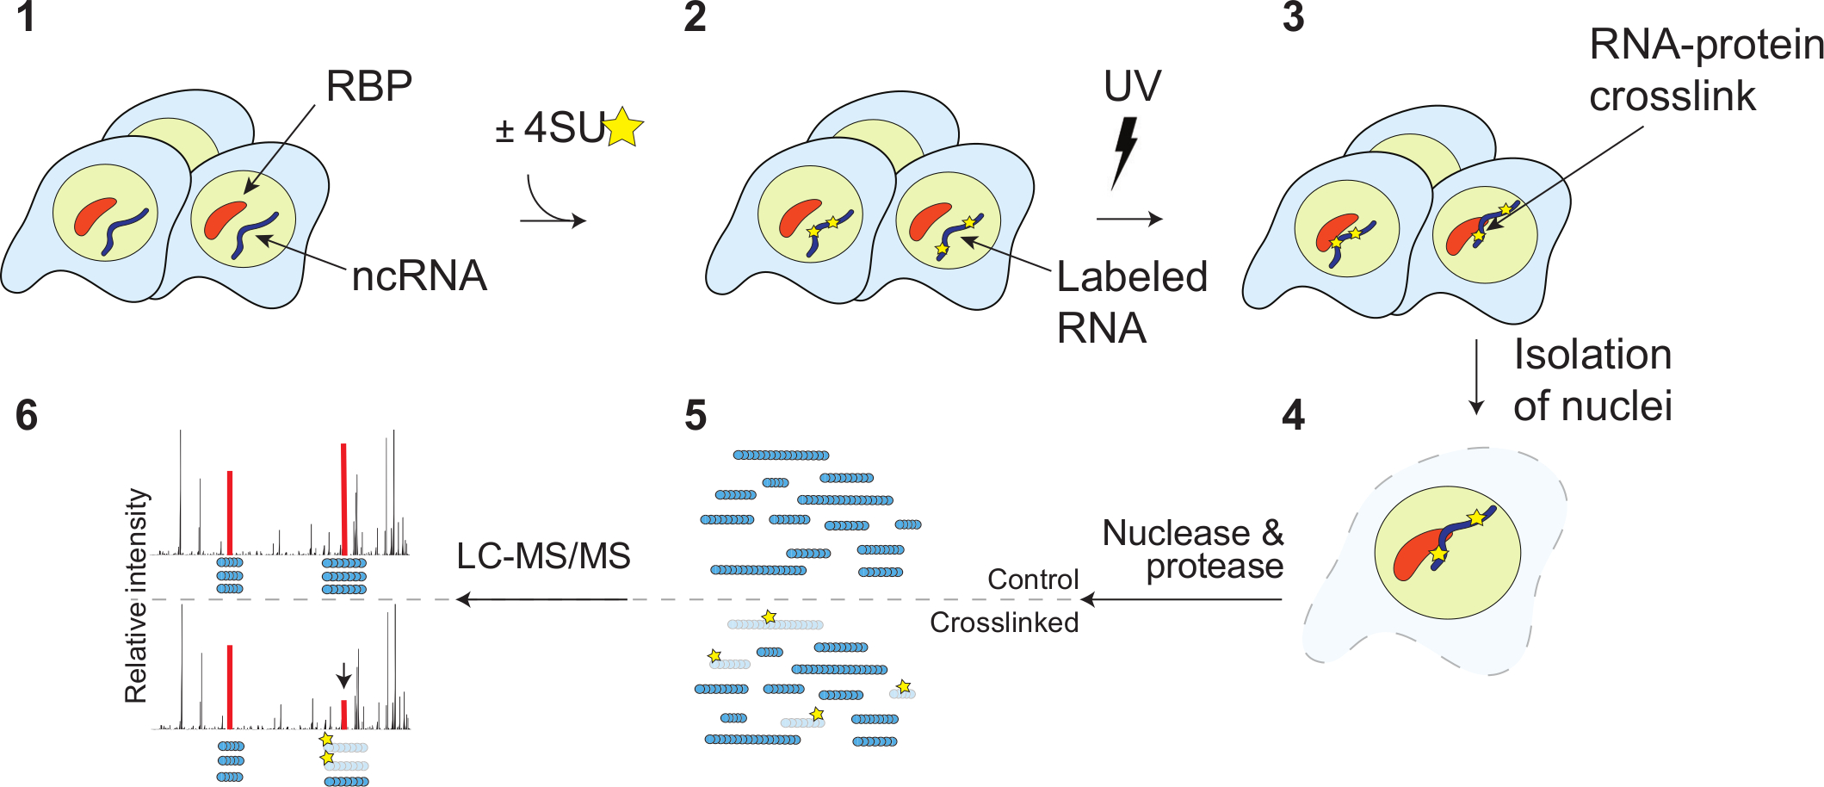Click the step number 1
click(x=26, y=17)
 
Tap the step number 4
click(x=1293, y=415)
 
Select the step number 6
click(x=27, y=415)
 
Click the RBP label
click(x=368, y=86)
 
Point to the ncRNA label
click(x=419, y=276)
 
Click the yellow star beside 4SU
click(x=623, y=128)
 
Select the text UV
click(x=1132, y=86)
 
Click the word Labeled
click(x=1132, y=277)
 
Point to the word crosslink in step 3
click(x=1672, y=96)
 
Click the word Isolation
click(x=1592, y=355)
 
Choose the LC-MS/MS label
click(x=543, y=556)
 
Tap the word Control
click(x=1032, y=579)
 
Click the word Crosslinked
click(x=1004, y=623)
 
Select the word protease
click(x=1215, y=567)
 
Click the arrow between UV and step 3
click(x=1129, y=219)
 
